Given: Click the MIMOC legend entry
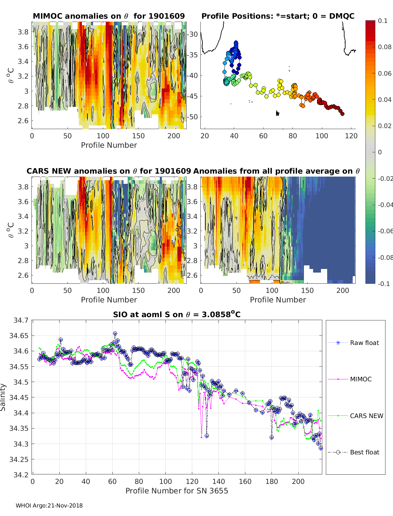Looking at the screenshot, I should (361, 379).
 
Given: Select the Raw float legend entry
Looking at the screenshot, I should (364, 343).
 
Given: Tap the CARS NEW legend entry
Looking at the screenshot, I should (366, 416).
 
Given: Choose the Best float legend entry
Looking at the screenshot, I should (364, 452).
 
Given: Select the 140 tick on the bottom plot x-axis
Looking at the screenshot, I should (218, 481).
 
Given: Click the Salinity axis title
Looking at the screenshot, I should (3, 397).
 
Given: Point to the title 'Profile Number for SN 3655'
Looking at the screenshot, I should (177, 490).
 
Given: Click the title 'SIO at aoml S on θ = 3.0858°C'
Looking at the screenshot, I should (177, 315).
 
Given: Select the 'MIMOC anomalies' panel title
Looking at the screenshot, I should (109, 16).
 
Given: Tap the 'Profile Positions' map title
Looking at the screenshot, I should (278, 16).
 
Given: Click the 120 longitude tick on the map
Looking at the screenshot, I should (351, 136).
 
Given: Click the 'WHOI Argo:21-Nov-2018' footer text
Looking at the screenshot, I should (49, 506).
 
